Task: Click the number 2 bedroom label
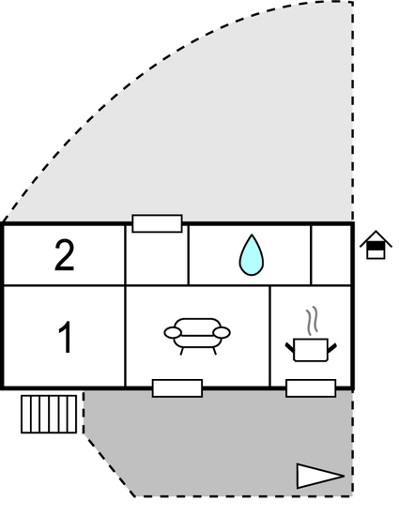[x=65, y=255]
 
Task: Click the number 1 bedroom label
[x=66, y=337]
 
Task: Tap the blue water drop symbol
[x=252, y=254]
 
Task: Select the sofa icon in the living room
[x=197, y=336]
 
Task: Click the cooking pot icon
[x=311, y=350]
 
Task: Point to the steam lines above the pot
[x=312, y=321]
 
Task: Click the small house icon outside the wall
[x=376, y=245]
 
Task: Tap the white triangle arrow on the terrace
[x=320, y=476]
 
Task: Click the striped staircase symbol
[x=49, y=414]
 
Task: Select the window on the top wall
[x=157, y=223]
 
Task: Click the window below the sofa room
[x=177, y=388]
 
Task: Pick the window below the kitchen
[x=311, y=388]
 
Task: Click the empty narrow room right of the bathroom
[x=330, y=255]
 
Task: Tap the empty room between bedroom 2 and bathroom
[x=157, y=258]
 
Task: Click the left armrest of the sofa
[x=173, y=332]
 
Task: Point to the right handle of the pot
[x=331, y=348]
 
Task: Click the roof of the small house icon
[x=376, y=238]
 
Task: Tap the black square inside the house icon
[x=376, y=247]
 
